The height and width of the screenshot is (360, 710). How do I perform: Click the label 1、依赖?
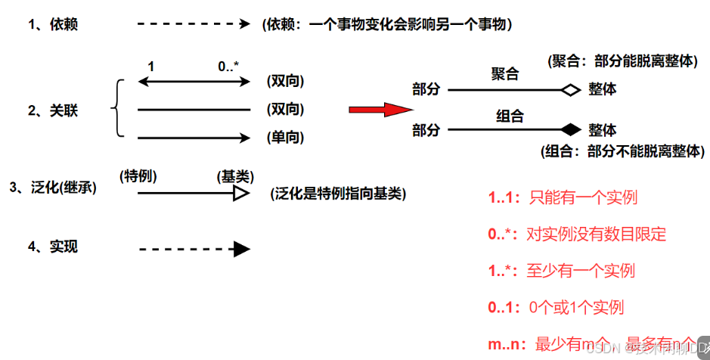pos(53,25)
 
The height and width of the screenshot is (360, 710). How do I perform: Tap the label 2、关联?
pos(53,110)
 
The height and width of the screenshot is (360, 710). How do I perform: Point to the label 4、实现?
pos(53,247)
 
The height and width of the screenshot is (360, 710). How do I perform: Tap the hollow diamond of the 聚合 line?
pos(569,90)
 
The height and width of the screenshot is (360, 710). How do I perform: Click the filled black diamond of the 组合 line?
pos(569,129)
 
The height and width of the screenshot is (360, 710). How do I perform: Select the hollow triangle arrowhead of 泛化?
pos(241,193)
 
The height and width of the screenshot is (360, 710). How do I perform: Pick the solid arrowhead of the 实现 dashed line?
pos(241,248)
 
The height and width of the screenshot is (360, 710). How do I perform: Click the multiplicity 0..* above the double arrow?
pos(228,67)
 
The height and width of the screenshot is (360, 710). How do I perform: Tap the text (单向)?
pos(285,137)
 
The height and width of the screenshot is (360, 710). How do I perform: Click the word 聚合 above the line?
pos(505,74)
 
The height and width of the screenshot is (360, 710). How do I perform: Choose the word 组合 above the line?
pos(510,116)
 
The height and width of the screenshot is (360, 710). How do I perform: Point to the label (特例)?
pos(138,176)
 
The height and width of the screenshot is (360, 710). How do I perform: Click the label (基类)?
pos(234,176)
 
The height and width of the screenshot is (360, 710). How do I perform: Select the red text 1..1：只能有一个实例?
pos(563,197)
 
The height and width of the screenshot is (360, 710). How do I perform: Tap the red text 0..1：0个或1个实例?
pos(556,307)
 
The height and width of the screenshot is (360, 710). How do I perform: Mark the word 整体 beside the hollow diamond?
pos(602,90)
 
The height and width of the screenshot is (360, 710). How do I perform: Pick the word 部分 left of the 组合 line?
pos(426,129)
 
